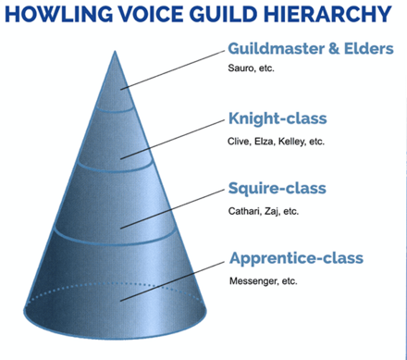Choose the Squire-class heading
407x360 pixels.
[277, 189]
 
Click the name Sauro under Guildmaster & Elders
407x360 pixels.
[242, 69]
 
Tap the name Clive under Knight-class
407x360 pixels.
[240, 141]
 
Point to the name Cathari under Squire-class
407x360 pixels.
[245, 210]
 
